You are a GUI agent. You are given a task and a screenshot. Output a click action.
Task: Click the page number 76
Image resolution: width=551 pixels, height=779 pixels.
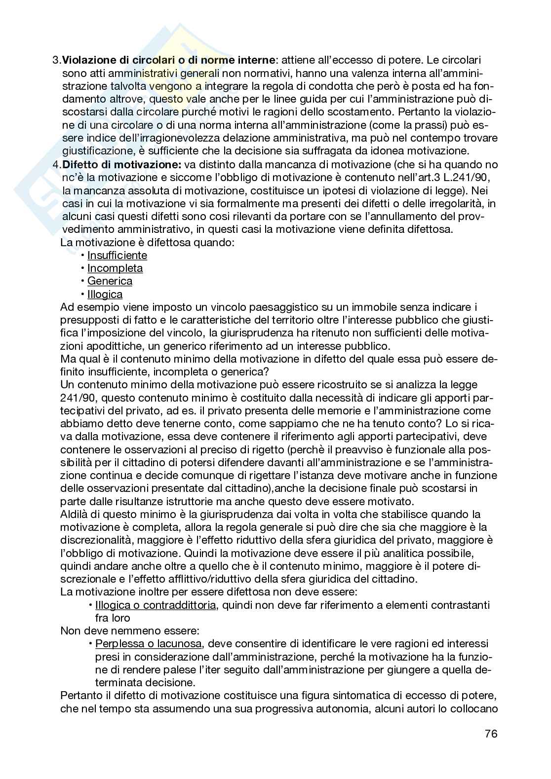pos(491,733)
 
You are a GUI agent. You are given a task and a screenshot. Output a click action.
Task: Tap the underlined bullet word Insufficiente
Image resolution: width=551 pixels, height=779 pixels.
pos(117,256)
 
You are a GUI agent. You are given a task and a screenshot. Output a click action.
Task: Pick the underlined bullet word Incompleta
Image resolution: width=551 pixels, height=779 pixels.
pos(115,268)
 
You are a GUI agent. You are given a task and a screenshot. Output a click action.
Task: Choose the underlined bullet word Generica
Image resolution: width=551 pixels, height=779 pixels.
pos(110,281)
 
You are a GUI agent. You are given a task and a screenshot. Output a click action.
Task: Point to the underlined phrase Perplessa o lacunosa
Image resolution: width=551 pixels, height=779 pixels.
pos(148,644)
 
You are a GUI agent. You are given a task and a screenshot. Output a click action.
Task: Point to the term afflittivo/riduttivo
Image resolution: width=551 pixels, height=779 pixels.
pos(194,579)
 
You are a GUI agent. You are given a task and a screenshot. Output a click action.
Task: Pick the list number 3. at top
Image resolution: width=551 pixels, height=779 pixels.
pos(56,60)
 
